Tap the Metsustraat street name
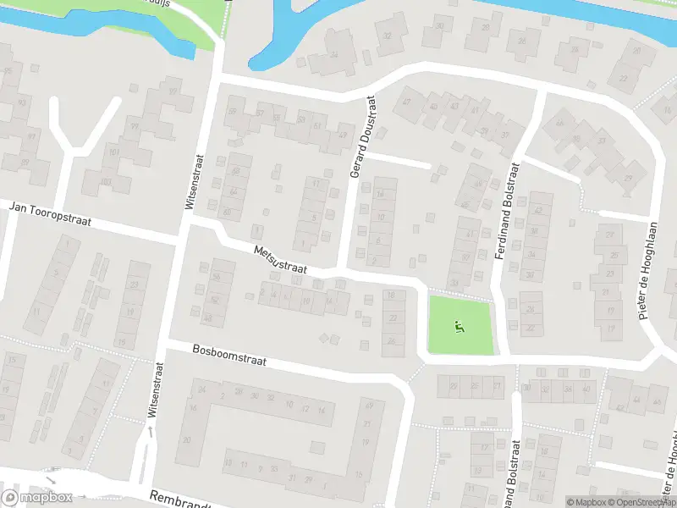pos(280,260)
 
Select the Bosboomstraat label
pos(229,354)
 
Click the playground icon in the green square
pos(459,324)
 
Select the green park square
pos(460,325)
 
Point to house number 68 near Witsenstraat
pos(236,172)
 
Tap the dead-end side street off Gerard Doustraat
pos(398,160)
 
